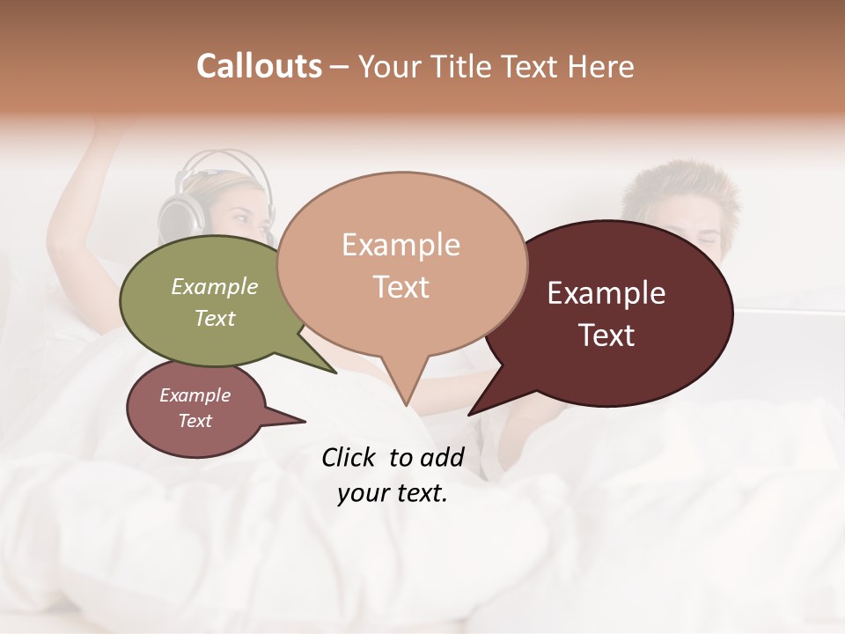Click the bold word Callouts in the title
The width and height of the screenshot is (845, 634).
click(x=259, y=66)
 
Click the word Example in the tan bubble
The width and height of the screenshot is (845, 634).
click(x=400, y=245)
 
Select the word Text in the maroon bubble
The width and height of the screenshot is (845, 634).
click(x=606, y=335)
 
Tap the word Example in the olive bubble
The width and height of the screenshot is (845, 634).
click(x=215, y=287)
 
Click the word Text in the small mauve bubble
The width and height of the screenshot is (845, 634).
click(x=195, y=421)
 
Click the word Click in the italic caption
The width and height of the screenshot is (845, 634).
click(x=349, y=457)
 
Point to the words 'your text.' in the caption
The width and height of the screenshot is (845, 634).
click(x=393, y=494)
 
